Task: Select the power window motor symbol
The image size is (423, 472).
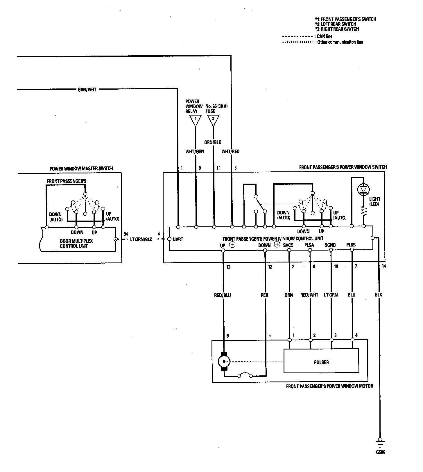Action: (224, 362)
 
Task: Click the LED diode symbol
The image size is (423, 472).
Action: (363, 189)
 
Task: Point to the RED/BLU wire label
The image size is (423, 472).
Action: (222, 295)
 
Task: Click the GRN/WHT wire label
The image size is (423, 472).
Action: (87, 90)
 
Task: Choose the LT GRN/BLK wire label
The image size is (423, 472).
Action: (141, 240)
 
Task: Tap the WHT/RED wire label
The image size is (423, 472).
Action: (230, 152)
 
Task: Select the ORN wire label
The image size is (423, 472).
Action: (288, 295)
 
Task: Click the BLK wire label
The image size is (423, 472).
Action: (378, 294)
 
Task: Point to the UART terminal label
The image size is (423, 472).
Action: (178, 239)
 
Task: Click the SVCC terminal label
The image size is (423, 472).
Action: (288, 245)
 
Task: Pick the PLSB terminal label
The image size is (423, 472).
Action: (351, 245)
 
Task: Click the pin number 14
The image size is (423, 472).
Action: (384, 266)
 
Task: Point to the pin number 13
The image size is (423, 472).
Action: (228, 267)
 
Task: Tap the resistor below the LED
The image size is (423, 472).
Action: (363, 211)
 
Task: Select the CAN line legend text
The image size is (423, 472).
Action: (325, 36)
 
